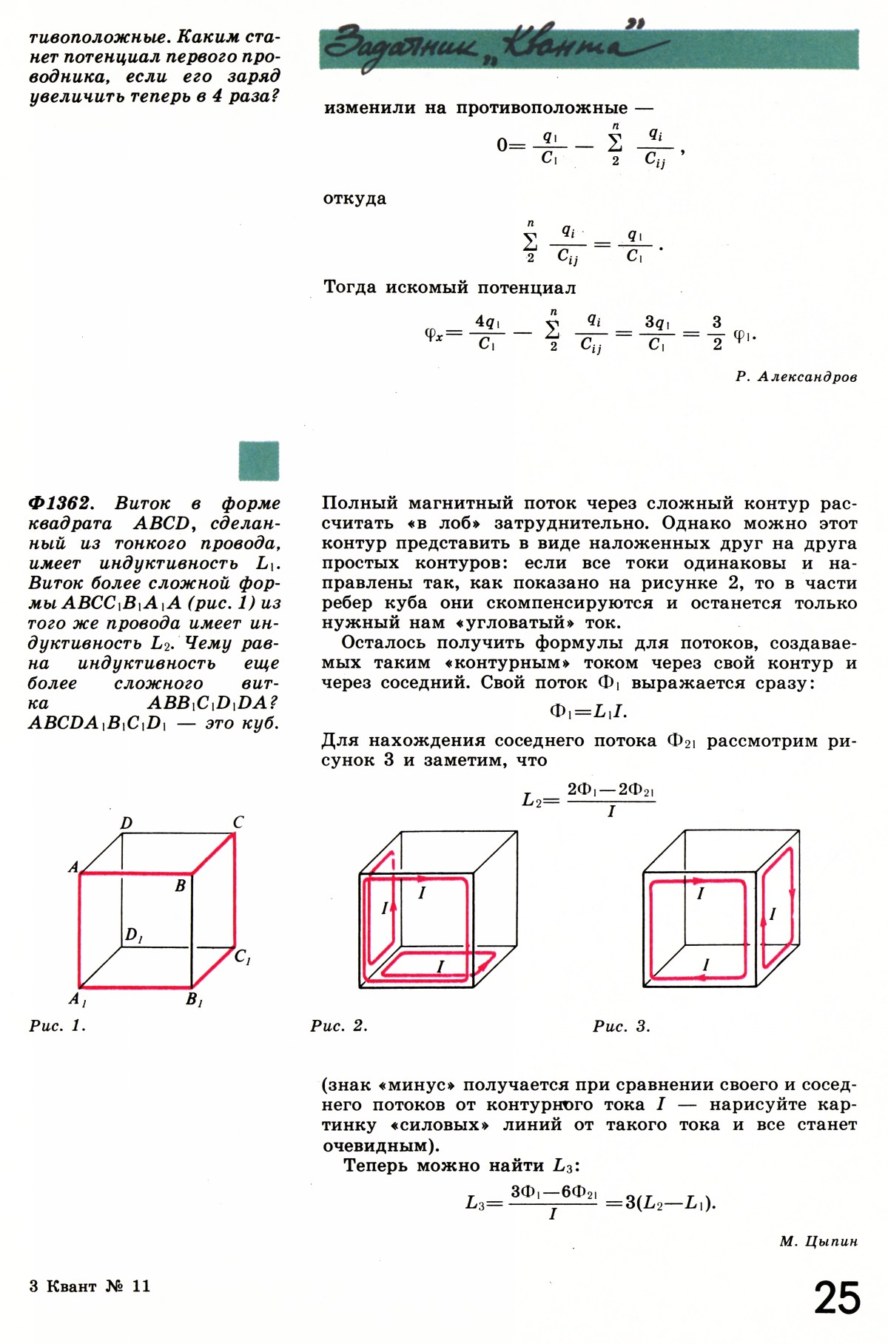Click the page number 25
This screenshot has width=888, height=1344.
pos(837,1298)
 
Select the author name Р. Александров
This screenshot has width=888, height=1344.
pos(796,377)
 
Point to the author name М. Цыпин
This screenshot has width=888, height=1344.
pos(818,1241)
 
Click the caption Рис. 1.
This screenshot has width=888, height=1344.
pos(58,1026)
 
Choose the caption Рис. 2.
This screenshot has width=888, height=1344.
pos(339,1026)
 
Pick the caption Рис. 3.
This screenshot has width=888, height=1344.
pos(622,1026)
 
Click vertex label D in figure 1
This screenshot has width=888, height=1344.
pos(127,823)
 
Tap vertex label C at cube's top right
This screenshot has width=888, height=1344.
pos(238,822)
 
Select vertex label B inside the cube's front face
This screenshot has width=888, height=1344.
pos(180,885)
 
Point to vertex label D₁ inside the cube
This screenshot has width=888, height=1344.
pos(134,935)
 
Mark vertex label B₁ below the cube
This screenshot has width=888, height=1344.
pos(194,1000)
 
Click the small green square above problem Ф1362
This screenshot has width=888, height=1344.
pos(259,460)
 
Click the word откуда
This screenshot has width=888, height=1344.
pos(354,198)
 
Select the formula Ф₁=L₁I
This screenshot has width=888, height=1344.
pos(588,712)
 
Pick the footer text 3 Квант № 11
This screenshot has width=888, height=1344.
pos(90,1286)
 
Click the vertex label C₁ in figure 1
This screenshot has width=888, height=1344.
pos(242,957)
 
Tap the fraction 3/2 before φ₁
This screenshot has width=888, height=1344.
pos(716,332)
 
